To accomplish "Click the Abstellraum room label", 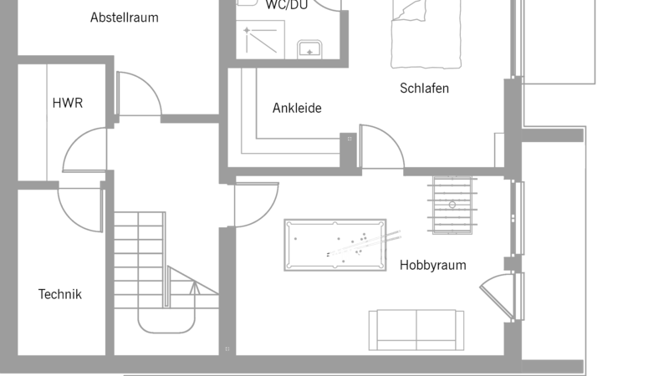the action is (124, 18).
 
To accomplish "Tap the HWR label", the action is (68, 103).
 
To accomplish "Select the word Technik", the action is (59, 294).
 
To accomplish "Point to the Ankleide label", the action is (297, 108).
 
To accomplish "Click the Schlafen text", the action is (424, 89).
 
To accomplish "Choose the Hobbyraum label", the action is (432, 265).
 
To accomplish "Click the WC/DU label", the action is (286, 4).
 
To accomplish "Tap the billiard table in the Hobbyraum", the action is (335, 245).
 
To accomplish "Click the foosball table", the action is (452, 205).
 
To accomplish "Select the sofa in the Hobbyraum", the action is (416, 330).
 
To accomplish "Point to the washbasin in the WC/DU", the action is (309, 49).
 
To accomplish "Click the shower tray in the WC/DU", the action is (261, 39).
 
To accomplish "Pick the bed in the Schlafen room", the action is (426, 34).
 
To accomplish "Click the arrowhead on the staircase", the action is (195, 288).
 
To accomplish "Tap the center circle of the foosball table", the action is (452, 205).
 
